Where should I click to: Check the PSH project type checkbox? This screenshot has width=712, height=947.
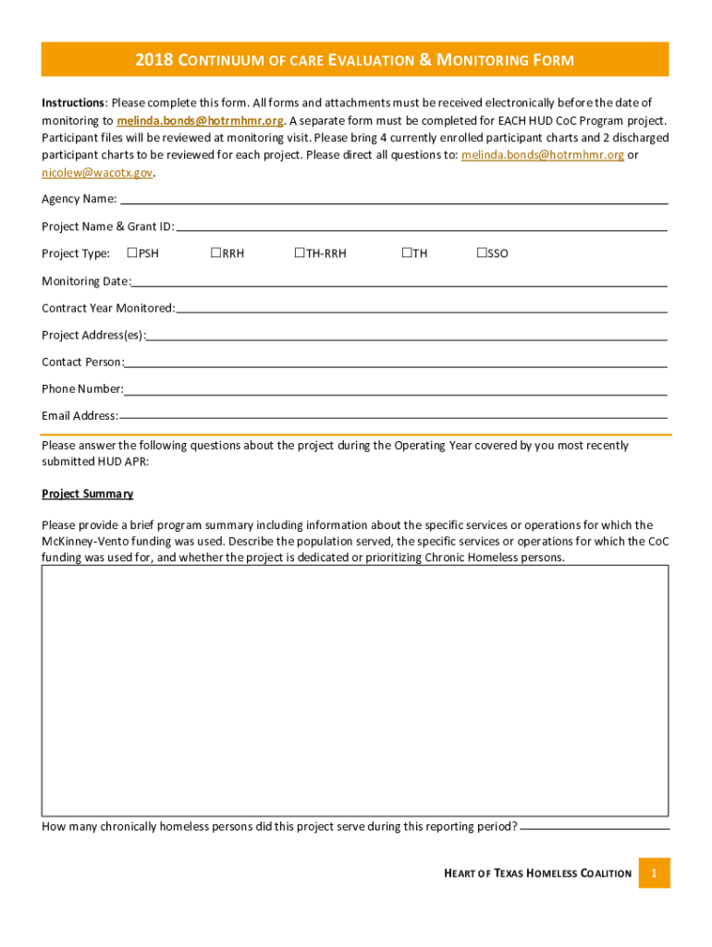coord(132,252)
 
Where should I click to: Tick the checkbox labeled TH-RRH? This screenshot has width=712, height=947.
coord(300,252)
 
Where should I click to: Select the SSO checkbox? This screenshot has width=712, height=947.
coord(482,252)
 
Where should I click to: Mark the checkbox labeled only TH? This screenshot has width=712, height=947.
coord(407,252)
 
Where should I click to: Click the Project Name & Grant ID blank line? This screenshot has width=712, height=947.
coord(421,228)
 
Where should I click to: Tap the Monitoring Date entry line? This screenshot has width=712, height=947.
coord(399,282)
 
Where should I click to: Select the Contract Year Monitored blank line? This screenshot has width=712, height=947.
coord(421,309)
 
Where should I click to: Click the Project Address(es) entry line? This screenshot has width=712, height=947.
coord(407,336)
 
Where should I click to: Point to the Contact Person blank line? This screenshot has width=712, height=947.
coord(396,363)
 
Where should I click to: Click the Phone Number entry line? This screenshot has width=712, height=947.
coord(396,390)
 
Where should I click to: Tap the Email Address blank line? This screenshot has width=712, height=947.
coord(393,417)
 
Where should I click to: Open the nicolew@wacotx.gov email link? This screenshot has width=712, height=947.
coord(97,172)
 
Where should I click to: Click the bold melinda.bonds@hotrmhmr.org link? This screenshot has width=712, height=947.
coord(200,120)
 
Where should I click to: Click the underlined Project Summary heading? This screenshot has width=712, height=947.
coord(87,494)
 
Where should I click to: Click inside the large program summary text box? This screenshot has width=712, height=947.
coord(355,690)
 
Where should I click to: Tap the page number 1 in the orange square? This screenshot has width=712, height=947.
coord(654,873)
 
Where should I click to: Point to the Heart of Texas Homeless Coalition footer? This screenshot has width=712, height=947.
coord(537,873)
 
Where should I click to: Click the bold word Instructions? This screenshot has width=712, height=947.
coord(74,102)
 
